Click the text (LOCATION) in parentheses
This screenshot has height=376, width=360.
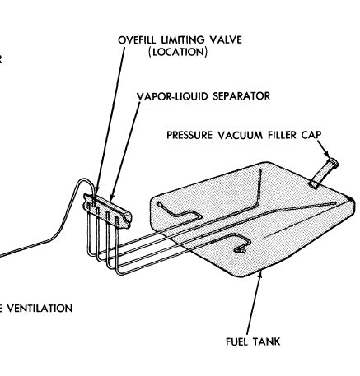coord(178,52)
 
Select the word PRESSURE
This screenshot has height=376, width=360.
coord(189,135)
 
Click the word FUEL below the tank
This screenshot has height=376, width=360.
coord(236,341)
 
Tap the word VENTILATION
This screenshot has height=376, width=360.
coord(40,309)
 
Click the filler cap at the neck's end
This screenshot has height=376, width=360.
coord(334,163)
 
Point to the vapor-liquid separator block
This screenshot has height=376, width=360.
coord(108,211)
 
